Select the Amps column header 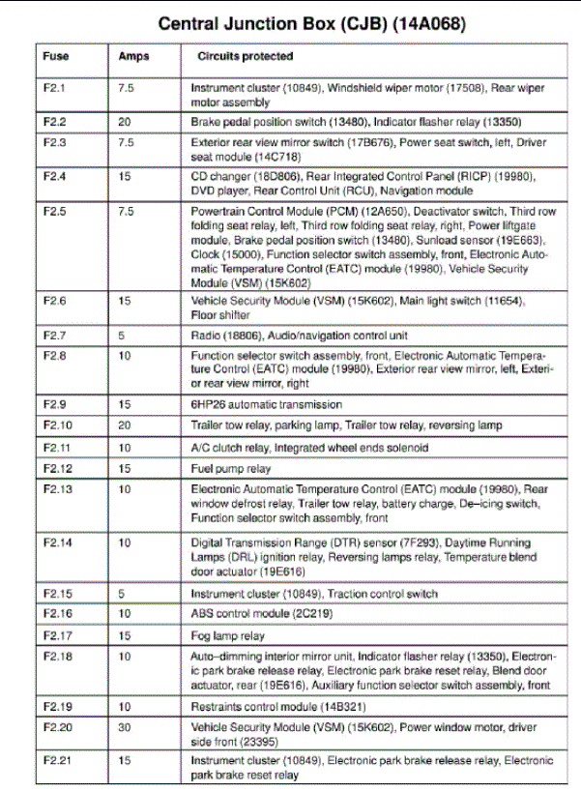coord(132,57)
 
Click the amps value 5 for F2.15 coord(122,594)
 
